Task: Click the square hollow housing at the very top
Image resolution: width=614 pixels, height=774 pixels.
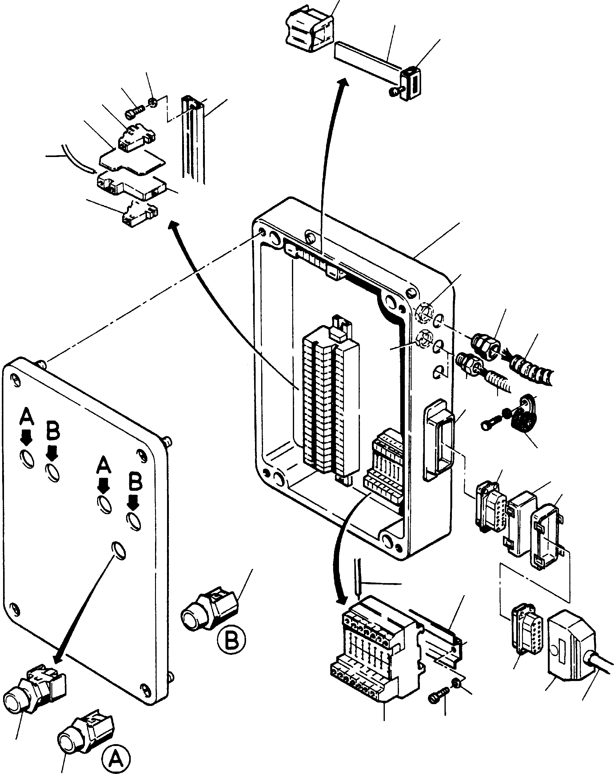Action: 309,28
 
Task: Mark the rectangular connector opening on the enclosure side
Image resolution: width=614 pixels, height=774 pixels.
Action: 439,440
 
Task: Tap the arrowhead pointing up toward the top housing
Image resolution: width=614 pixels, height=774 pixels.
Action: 343,83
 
